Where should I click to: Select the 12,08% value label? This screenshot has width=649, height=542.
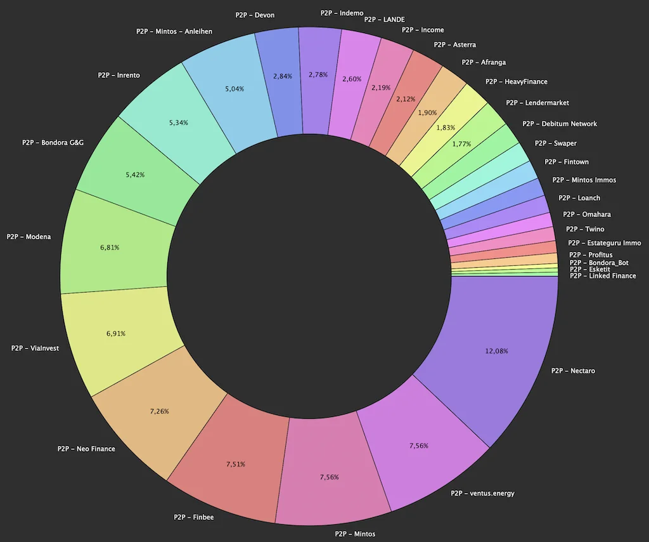496,350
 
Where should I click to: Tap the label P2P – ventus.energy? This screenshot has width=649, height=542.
482,493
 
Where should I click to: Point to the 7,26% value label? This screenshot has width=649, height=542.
160,412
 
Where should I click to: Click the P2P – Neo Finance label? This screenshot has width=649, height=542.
86,449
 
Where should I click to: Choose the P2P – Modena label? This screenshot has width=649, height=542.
29,237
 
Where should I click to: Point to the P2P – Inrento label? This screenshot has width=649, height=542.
119,76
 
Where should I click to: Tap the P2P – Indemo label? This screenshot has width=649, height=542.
342,13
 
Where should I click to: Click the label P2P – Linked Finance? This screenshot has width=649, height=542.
603,276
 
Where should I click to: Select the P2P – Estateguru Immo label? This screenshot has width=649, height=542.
605,243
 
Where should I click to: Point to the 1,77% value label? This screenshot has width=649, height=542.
461,144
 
